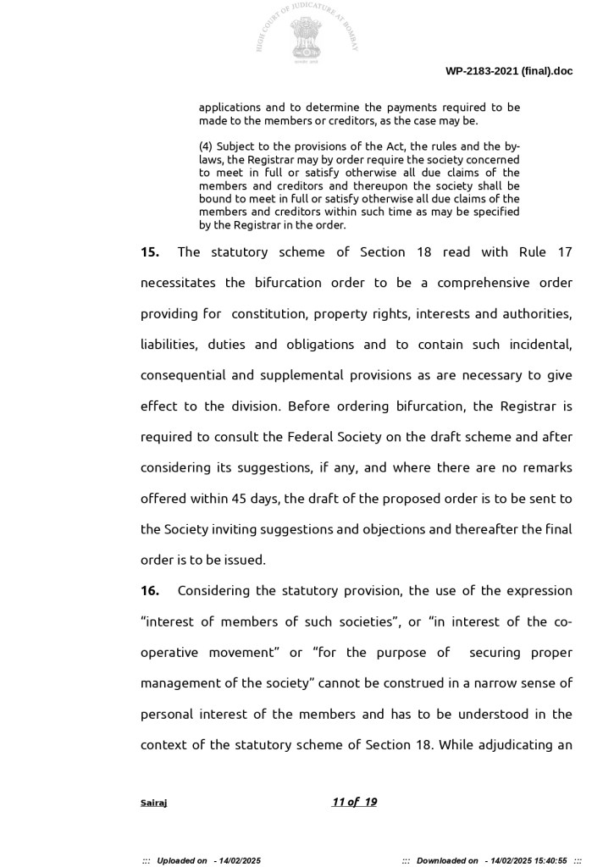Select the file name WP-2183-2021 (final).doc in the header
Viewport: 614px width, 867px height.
pos(509,71)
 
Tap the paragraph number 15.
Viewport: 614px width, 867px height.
pos(149,252)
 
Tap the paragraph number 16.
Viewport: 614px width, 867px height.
pos(149,591)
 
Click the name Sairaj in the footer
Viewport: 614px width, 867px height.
pos(153,803)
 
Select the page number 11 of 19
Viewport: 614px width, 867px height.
pos(354,802)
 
